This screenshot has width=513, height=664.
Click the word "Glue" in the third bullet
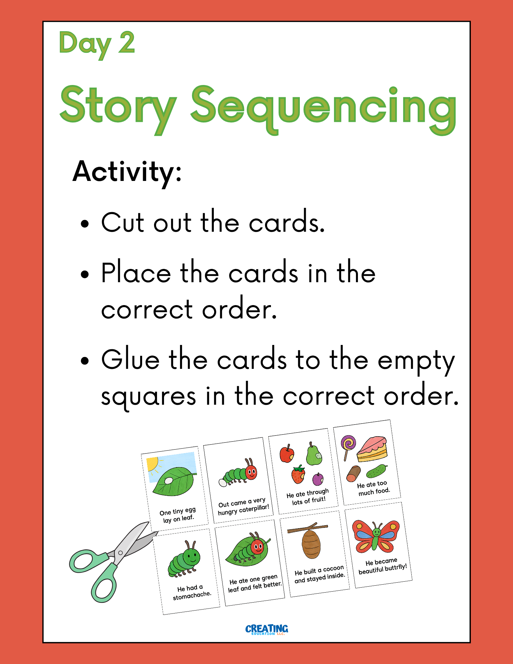click(x=130, y=360)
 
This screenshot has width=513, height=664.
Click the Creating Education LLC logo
click(x=267, y=629)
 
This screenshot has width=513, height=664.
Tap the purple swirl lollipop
click(x=348, y=447)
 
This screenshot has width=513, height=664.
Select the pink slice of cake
click(x=372, y=449)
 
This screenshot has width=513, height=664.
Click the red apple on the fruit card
click(x=287, y=454)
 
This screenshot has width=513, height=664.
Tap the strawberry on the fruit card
click(x=299, y=474)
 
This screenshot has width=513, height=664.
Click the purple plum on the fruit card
click(x=318, y=479)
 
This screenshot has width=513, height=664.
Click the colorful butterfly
click(x=376, y=536)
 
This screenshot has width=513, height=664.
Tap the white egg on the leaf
click(x=169, y=480)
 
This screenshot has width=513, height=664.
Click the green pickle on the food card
click(x=377, y=470)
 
